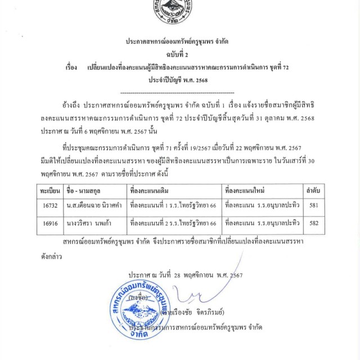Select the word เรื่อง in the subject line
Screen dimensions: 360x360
pos(71,67)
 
